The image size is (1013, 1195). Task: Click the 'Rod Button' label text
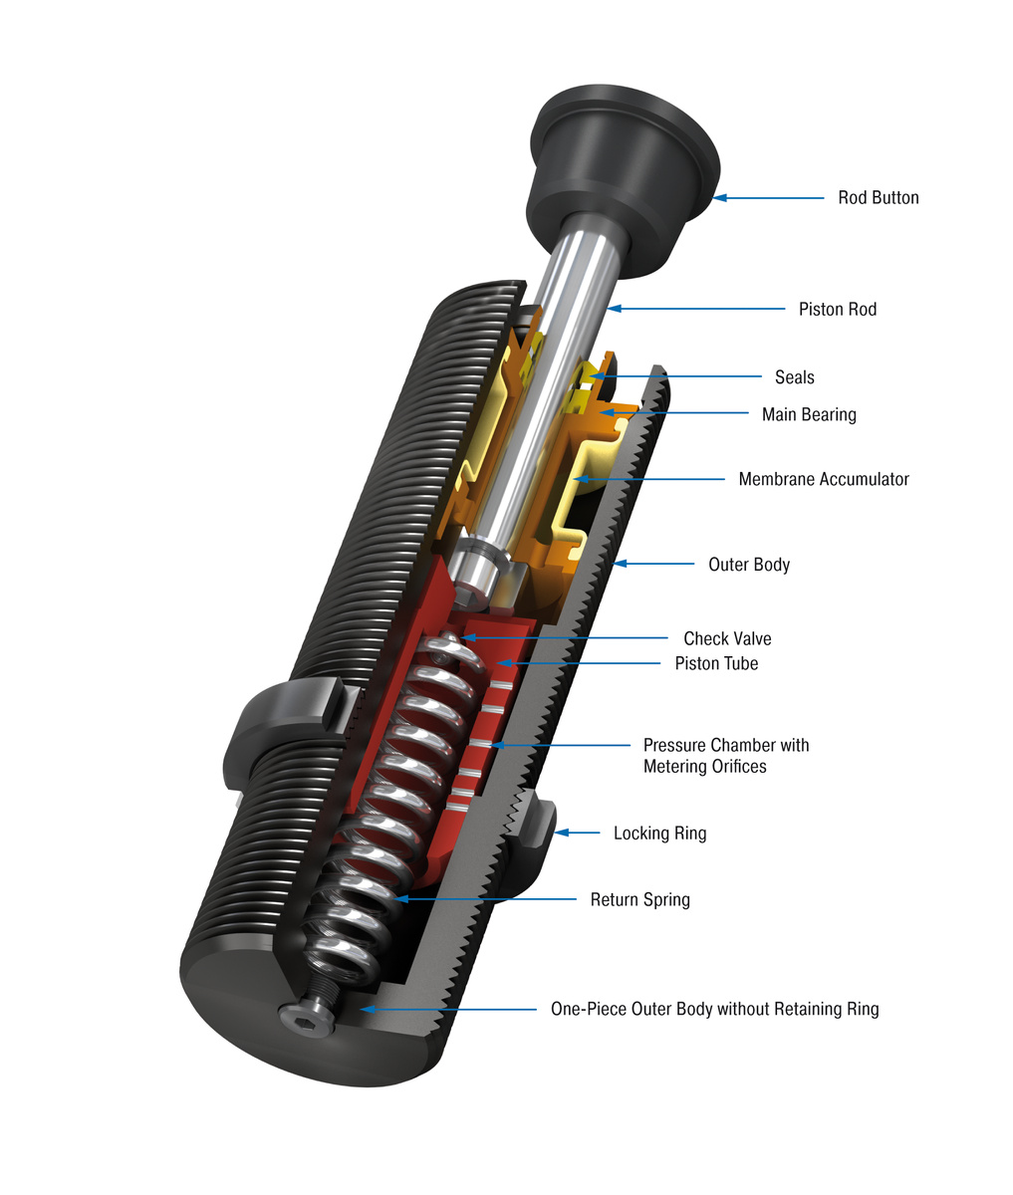878,197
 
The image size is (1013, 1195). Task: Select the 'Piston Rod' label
837,309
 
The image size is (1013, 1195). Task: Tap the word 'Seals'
794,377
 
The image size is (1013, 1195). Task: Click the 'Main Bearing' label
808,414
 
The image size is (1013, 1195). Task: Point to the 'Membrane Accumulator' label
823,479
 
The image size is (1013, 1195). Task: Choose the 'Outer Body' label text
748,565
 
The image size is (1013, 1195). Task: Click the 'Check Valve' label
726,638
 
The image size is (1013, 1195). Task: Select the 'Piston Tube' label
716,663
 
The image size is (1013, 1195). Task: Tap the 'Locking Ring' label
659,833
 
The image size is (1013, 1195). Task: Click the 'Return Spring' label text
639,899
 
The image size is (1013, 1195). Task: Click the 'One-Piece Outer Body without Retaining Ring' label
714,1009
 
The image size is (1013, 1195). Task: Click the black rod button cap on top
623,159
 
